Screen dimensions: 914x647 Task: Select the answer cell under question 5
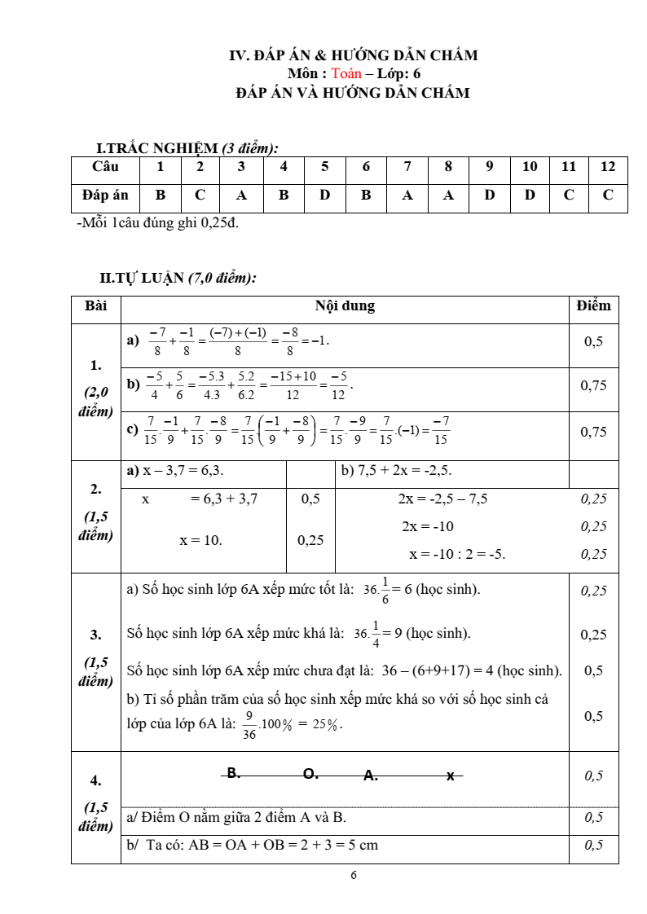click(325, 196)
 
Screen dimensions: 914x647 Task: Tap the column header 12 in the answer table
click(608, 167)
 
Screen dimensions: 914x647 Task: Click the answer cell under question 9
click(490, 196)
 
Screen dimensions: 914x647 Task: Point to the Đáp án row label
click(106, 196)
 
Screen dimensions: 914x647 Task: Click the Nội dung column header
click(345, 306)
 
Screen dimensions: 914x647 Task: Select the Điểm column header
click(592, 306)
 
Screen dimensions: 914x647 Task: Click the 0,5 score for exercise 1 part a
click(593, 342)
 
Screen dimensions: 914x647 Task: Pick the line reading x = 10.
click(200, 539)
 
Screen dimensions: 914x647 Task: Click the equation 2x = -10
click(428, 526)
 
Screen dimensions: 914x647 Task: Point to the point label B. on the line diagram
click(234, 773)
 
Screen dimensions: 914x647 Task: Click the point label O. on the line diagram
click(310, 774)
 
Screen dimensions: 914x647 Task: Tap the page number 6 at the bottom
click(353, 875)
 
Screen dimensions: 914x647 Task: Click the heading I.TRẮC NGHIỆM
click(158, 148)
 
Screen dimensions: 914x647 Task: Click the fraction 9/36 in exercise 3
click(249, 725)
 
